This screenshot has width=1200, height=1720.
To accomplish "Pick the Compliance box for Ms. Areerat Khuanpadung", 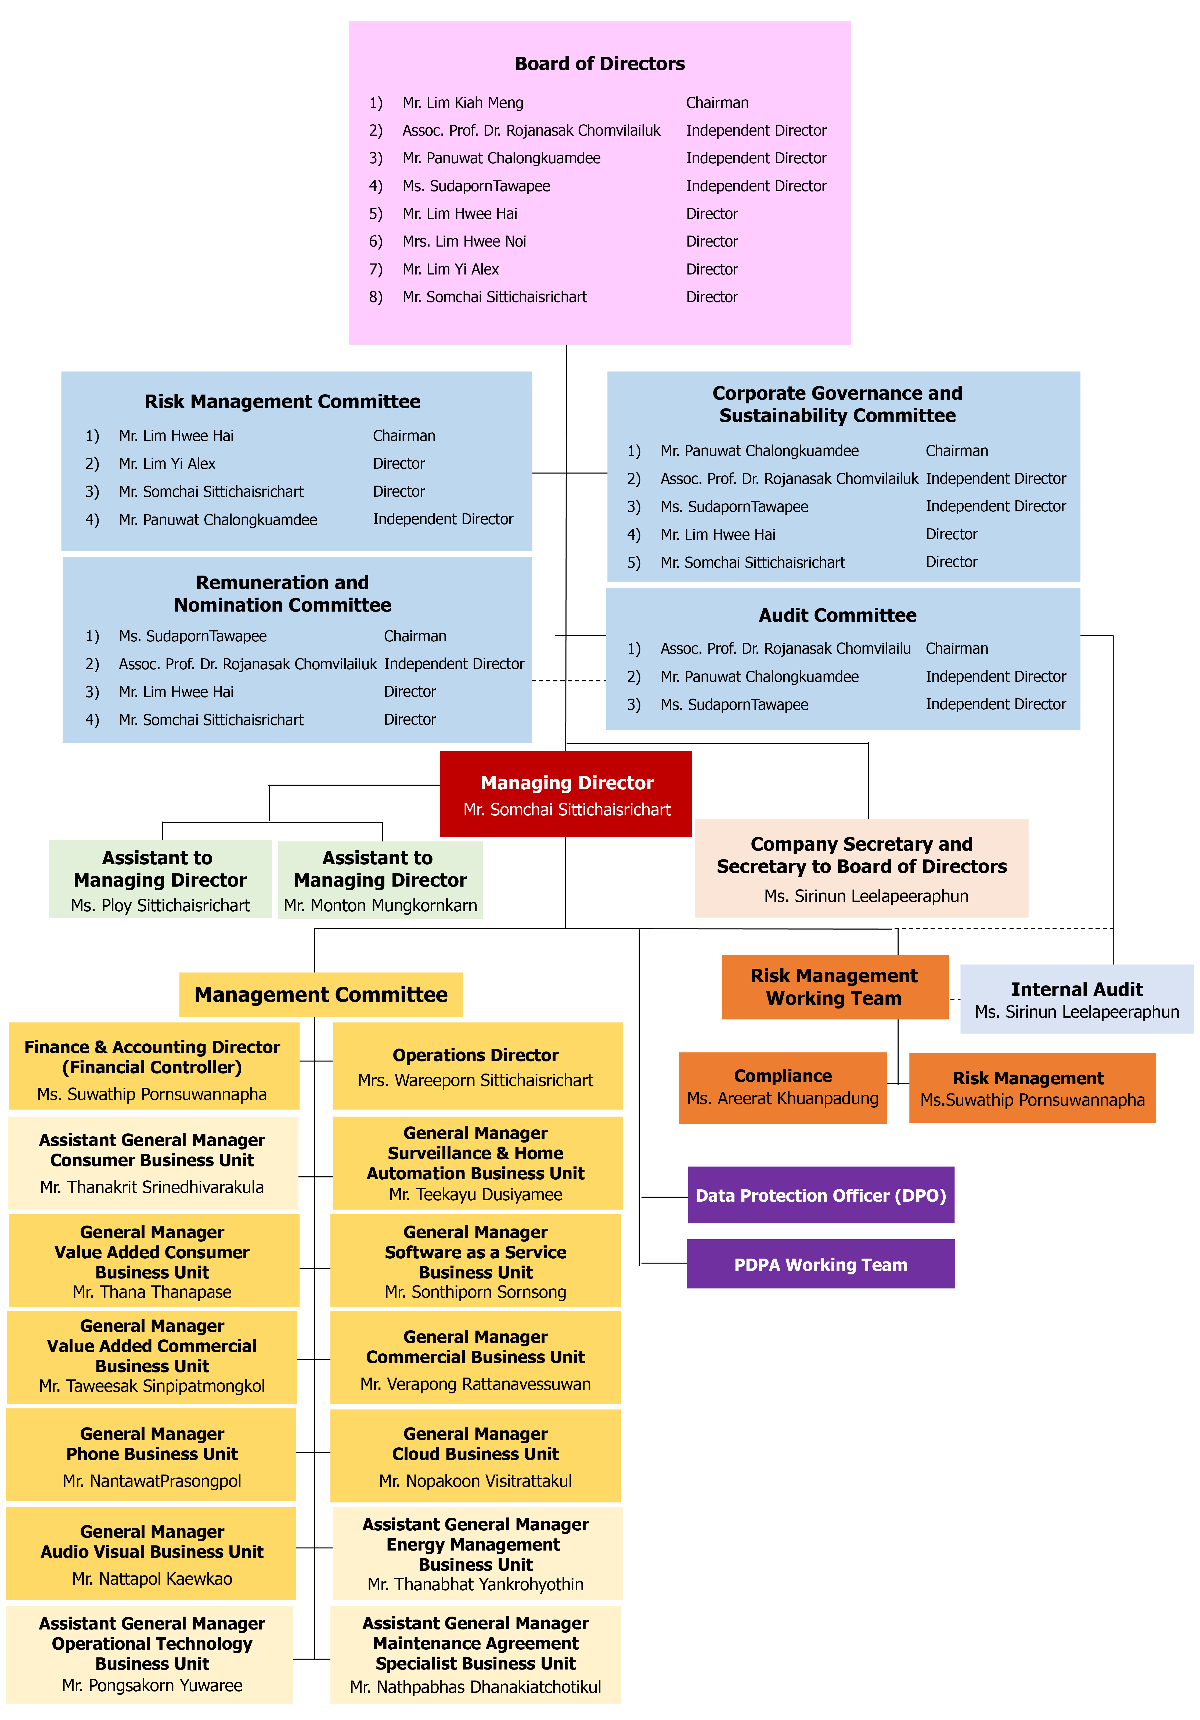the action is tap(783, 1088).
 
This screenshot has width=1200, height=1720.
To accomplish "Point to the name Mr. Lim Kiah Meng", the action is tap(463, 103).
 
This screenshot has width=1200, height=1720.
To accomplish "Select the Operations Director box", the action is tap(477, 1066).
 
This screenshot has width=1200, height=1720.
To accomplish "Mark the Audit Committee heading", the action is tap(837, 615).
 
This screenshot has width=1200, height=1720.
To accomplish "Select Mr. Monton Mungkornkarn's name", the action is tap(381, 906).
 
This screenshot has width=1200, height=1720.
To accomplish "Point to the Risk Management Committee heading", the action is tap(282, 402).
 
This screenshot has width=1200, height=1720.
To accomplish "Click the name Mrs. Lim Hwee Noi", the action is tap(464, 241).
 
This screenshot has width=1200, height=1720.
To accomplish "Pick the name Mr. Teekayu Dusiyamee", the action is tap(476, 1194).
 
